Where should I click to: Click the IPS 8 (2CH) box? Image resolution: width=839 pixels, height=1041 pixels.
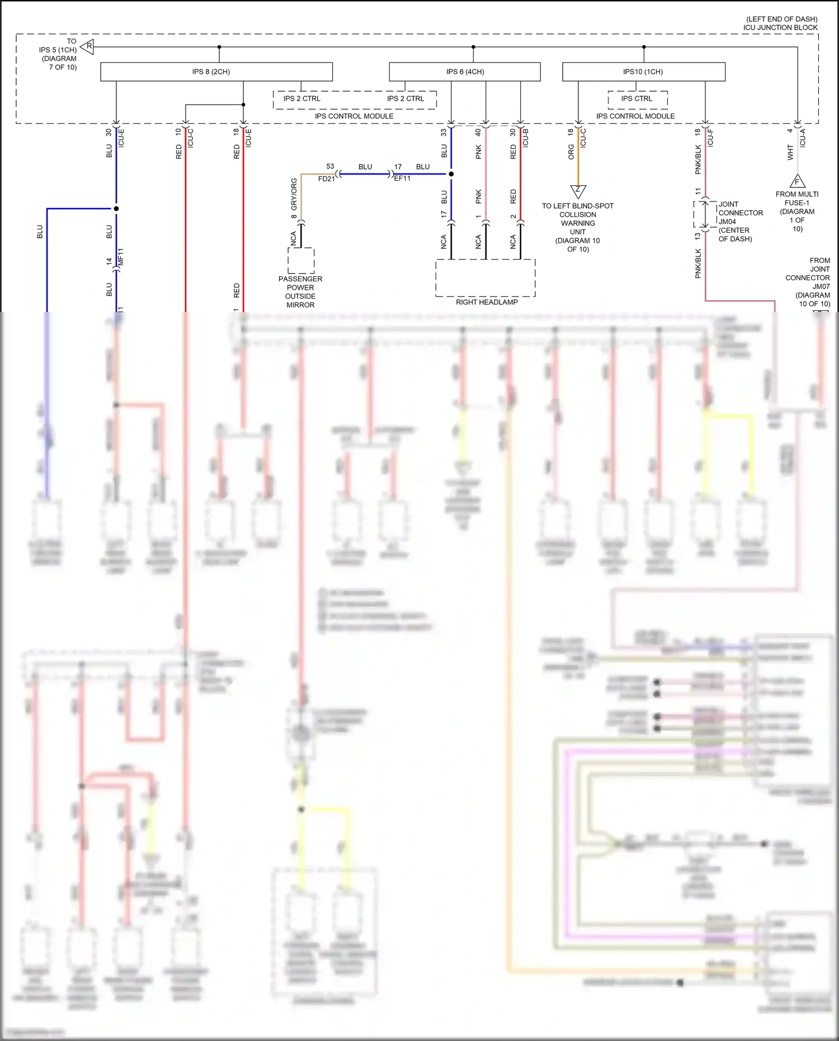pos(216,72)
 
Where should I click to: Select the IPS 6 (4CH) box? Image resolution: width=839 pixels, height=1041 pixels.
pos(465,72)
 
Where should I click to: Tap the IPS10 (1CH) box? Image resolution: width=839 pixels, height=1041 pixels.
pos(643,72)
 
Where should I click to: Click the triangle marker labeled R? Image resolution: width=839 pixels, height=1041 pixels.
pos(88,46)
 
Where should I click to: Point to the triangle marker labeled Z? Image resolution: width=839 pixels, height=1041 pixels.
pos(578,191)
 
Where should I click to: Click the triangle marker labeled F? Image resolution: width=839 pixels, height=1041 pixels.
pos(797,181)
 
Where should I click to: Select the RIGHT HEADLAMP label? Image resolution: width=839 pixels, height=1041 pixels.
pos(487,302)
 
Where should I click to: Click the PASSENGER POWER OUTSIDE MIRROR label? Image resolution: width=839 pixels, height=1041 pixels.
pos(300,291)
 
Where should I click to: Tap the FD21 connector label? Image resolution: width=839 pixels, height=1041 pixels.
pos(326,179)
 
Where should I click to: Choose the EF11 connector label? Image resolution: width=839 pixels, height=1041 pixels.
pos(402,178)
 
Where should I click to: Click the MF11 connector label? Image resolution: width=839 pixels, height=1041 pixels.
pos(121,257)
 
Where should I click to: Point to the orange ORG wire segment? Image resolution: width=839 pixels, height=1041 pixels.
pos(578,162)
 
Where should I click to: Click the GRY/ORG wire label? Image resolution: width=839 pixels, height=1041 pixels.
pos(294,194)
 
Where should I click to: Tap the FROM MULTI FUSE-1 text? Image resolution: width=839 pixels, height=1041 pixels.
pos(797,199)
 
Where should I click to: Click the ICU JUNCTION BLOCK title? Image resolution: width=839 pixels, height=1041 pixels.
pos(780,27)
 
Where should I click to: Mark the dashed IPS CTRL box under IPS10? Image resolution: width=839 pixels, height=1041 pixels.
pos(638,99)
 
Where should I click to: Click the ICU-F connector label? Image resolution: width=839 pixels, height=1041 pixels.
pos(710,138)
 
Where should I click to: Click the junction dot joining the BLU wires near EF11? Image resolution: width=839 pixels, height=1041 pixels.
pos(451,174)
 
